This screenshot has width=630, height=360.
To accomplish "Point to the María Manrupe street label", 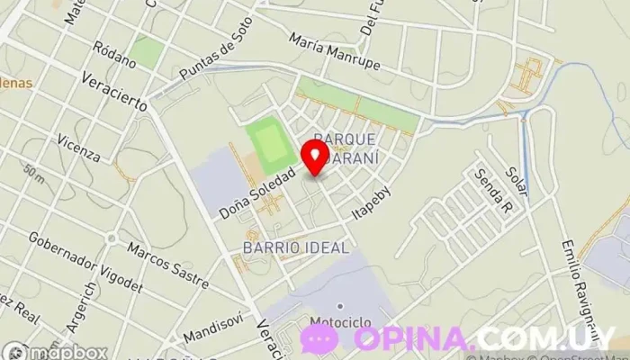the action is click(x=335, y=53).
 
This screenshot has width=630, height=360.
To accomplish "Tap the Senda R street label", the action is click(x=494, y=194).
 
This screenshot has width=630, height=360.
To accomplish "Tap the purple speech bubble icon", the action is click(x=319, y=339).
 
